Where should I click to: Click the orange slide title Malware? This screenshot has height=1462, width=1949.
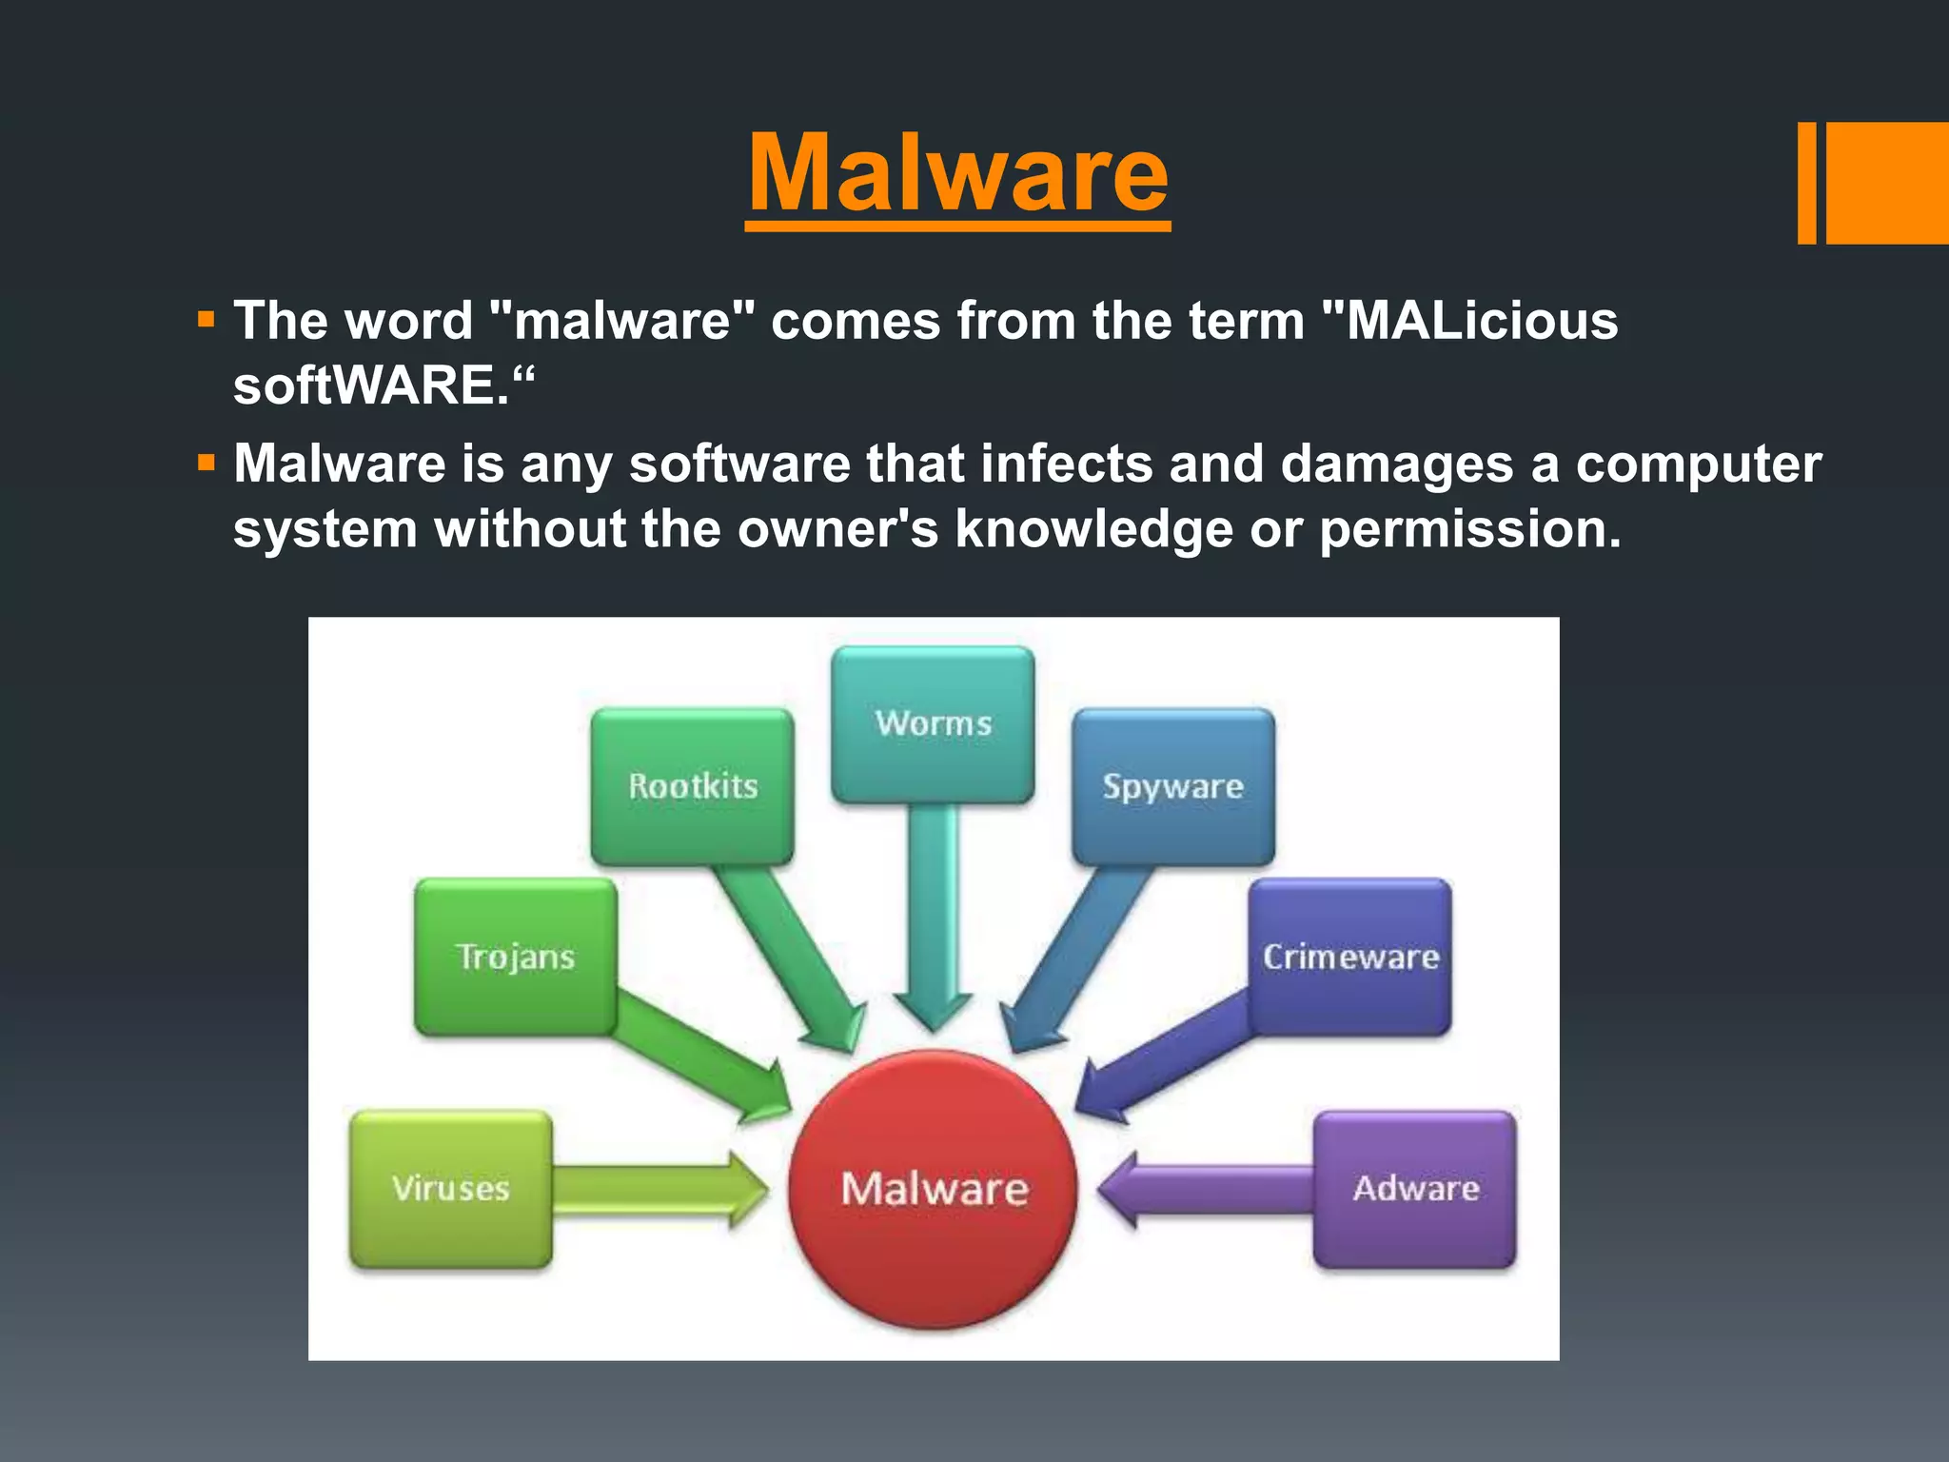[x=957, y=174]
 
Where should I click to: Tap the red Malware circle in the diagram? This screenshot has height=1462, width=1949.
[x=934, y=1189]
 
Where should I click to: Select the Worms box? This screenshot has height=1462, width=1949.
[x=933, y=724]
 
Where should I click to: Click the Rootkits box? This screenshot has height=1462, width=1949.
[x=692, y=786]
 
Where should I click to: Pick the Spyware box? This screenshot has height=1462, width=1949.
[x=1172, y=786]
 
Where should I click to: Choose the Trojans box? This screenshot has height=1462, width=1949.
[x=515, y=957]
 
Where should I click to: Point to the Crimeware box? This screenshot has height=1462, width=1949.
[x=1349, y=957]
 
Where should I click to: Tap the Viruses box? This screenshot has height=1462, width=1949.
[x=450, y=1189]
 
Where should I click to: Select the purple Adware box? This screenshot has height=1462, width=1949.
[x=1415, y=1189]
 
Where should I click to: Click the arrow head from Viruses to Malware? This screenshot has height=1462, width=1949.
[x=747, y=1189]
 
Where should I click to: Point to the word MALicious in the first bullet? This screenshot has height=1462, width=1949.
[x=1481, y=321]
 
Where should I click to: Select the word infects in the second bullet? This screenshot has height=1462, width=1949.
[x=1066, y=464]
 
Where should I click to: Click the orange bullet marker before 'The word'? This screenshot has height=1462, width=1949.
[x=207, y=320]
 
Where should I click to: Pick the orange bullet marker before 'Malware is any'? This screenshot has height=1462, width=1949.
[x=207, y=464]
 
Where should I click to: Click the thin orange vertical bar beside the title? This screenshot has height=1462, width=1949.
[x=1806, y=183]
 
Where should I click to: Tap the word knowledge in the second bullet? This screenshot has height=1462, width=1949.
[x=1093, y=529]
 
